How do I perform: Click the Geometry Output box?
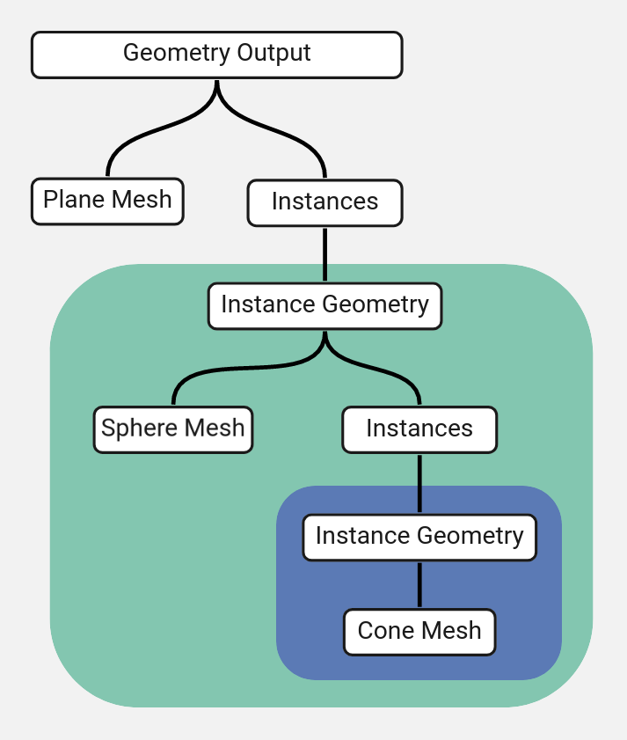tap(216, 55)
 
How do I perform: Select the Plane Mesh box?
tap(107, 201)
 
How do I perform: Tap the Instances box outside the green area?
tap(324, 202)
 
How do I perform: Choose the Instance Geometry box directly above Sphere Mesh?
tap(324, 306)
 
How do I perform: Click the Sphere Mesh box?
tap(173, 429)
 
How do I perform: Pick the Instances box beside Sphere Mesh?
tap(419, 429)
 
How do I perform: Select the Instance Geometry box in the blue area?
tap(419, 537)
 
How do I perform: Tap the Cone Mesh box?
tap(419, 632)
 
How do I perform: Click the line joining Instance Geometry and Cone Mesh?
tap(419, 584)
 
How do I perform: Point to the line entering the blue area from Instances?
tap(419, 483)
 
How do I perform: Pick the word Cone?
tap(385, 631)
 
